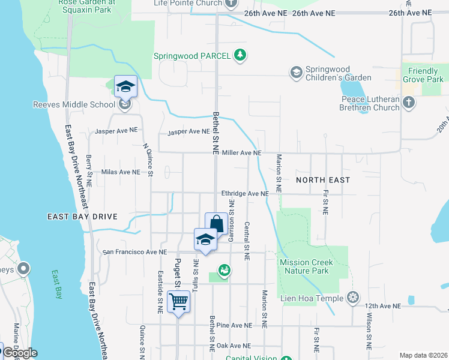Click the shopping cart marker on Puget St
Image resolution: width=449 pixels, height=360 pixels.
pyautogui.click(x=179, y=301)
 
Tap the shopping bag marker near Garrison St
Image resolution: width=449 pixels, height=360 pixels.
pyautogui.click(x=216, y=224)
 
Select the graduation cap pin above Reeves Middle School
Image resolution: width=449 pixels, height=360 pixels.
pyautogui.click(x=125, y=86)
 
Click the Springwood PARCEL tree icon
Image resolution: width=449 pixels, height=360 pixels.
pyautogui.click(x=240, y=55)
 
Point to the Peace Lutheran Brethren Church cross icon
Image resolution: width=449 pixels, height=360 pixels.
pyautogui.click(x=408, y=103)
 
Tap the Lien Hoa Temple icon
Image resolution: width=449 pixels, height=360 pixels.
pyautogui.click(x=354, y=298)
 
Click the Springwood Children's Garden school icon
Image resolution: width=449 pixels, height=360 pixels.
pyautogui.click(x=296, y=73)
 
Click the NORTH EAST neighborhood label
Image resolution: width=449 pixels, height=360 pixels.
pyautogui.click(x=323, y=179)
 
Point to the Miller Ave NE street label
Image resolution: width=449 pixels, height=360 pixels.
pyautogui.click(x=241, y=153)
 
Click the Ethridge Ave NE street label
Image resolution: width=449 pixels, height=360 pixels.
pyautogui.click(x=244, y=194)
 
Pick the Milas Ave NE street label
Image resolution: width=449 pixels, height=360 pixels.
pyautogui.click(x=120, y=172)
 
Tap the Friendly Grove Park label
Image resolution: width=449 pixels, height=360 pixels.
pyautogui.click(x=423, y=75)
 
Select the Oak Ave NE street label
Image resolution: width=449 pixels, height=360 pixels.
pyautogui.click(x=233, y=346)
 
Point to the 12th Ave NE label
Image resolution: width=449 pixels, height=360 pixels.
pyautogui.click(x=381, y=306)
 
